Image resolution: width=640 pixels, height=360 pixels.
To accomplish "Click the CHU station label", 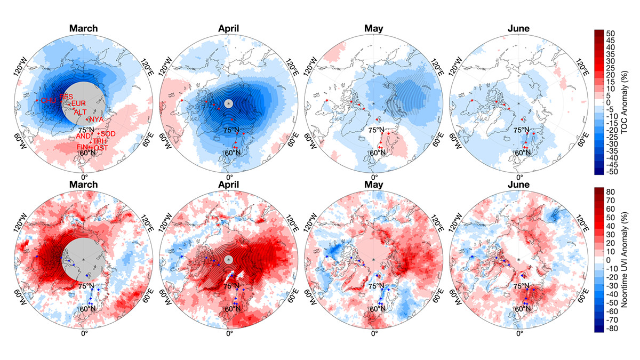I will [48, 100].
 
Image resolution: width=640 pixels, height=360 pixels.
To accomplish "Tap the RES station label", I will [67, 97].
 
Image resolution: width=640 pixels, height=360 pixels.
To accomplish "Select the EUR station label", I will [78, 103].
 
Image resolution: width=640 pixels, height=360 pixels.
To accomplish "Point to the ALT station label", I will [80, 112].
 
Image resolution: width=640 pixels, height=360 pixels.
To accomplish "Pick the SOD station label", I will [108, 133].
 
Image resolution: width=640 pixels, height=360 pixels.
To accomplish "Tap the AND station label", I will [84, 137].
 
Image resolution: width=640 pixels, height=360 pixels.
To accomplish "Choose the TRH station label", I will [100, 141].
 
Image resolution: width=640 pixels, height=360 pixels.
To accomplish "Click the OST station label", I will [101, 147].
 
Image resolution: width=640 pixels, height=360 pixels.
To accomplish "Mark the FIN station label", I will [82, 147].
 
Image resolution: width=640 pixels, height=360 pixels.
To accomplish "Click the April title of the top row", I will [229, 28].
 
